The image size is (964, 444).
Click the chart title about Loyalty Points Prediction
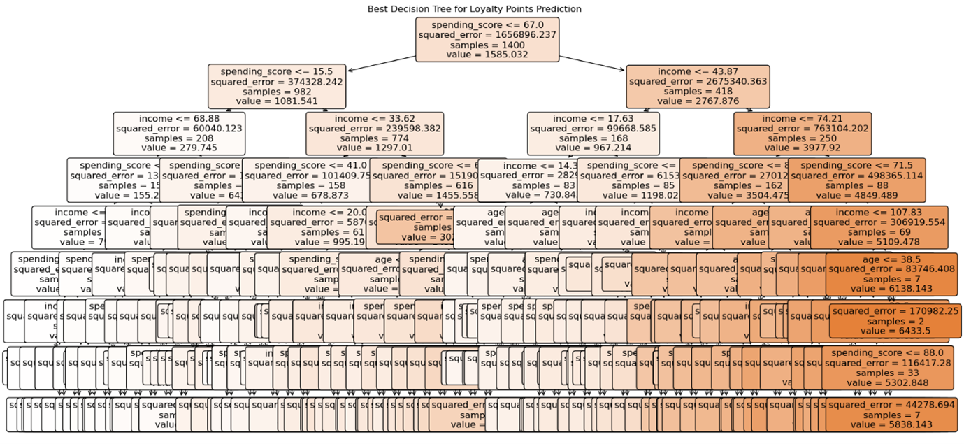[x=474, y=9]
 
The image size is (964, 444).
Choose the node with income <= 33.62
[x=374, y=133]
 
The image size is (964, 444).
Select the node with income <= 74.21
[x=803, y=133]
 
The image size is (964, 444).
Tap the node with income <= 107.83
[x=879, y=227]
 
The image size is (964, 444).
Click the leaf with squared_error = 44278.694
[x=891, y=414]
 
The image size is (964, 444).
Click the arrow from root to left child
[x=377, y=63]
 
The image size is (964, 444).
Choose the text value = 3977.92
[x=803, y=148]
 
